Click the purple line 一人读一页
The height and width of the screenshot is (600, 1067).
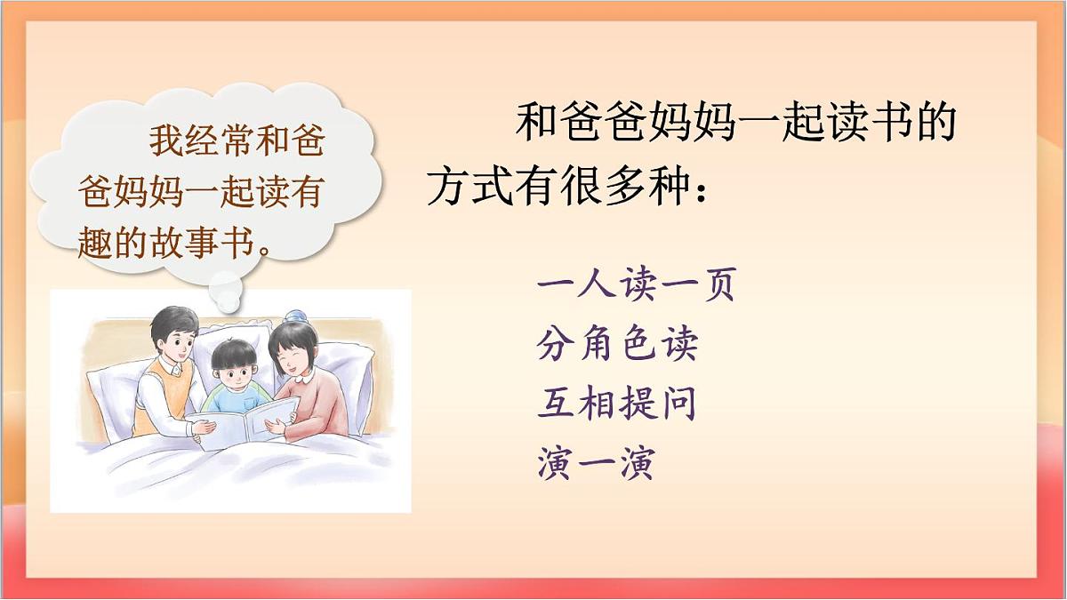[x=636, y=285]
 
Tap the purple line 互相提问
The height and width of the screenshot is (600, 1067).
[x=616, y=404]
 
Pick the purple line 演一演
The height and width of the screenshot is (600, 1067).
[x=596, y=463]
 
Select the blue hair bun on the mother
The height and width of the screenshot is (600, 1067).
[x=293, y=315]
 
